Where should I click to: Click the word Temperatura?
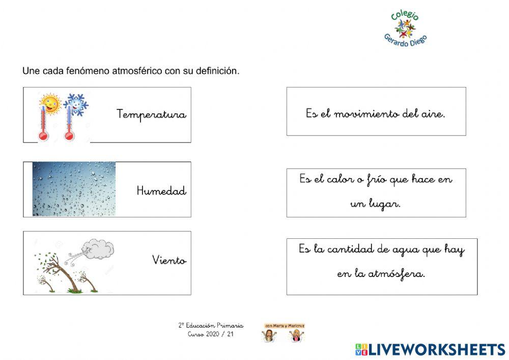coord(151,114)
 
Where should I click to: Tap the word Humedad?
coord(161,191)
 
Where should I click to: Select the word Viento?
coord(169,261)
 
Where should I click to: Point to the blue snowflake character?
coord(75,104)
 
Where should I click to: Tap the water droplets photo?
coord(74,189)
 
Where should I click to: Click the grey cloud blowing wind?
coord(99,249)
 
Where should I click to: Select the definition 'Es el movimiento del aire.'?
coord(376,114)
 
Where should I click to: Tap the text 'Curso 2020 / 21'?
coord(211,335)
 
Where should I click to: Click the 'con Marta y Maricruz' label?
coord(284,325)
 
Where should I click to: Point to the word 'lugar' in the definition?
coord(384,204)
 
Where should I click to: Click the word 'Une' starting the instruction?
coord(30,71)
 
